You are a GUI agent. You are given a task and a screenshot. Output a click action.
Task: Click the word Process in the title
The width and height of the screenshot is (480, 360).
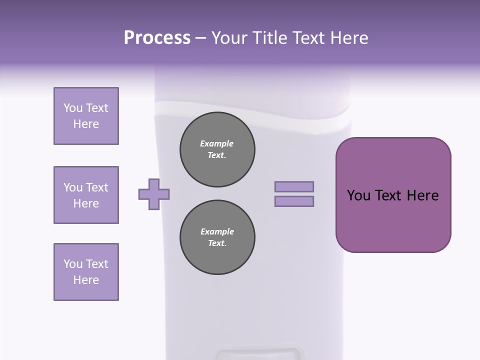[157, 38]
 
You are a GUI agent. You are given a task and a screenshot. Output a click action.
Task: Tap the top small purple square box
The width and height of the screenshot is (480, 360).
[86, 116]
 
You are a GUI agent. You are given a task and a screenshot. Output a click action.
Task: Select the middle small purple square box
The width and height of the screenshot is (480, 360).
[86, 195]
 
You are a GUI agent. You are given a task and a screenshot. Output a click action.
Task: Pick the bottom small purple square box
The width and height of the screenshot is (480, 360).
[86, 272]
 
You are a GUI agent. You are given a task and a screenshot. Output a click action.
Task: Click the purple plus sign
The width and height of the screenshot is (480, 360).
[154, 194]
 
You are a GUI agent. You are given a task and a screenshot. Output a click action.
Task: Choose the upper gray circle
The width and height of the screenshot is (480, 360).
[217, 149]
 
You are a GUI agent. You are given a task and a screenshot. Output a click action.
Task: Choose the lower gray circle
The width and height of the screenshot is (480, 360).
[217, 237]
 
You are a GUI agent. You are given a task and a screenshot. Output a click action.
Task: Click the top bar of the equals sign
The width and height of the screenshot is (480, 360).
[294, 186]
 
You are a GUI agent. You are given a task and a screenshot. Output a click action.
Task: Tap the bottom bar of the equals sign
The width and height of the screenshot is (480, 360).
[294, 201]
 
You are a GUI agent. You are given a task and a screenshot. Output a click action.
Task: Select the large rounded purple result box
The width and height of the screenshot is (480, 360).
[393, 195]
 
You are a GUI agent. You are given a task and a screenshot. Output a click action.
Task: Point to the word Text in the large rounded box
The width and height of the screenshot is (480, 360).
[388, 195]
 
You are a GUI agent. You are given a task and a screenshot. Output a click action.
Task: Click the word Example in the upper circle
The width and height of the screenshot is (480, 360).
[217, 144]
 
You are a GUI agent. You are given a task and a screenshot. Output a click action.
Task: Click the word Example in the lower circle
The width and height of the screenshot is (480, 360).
[217, 232]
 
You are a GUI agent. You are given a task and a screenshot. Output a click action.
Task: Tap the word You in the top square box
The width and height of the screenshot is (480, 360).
[72, 108]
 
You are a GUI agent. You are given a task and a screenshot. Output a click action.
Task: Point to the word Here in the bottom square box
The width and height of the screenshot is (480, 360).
[86, 280]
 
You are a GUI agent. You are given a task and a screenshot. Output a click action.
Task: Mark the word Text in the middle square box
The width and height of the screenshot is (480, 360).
[97, 187]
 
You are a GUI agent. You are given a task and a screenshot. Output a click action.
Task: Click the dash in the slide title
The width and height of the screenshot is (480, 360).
[201, 38]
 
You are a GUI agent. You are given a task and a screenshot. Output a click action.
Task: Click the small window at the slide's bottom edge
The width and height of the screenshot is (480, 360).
[259, 354]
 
